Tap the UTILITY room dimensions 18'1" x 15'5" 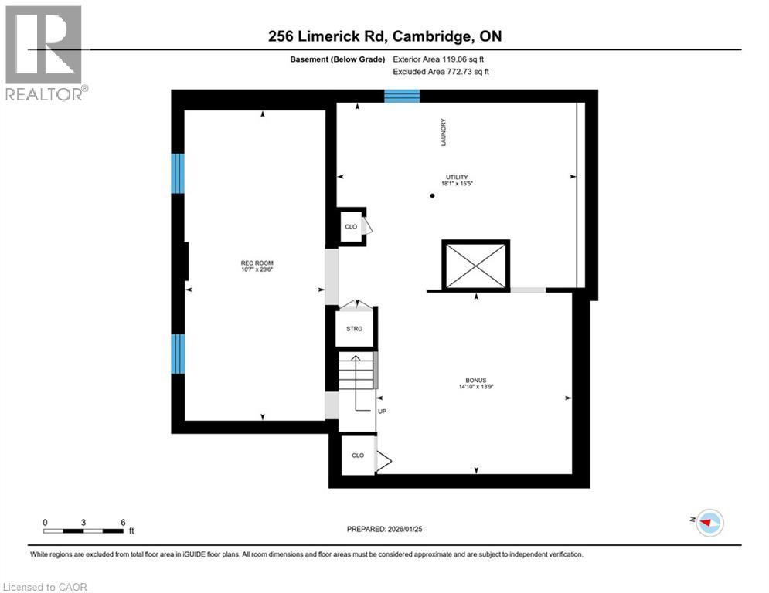(x=456, y=184)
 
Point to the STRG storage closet (x=354, y=328)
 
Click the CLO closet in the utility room (x=351, y=227)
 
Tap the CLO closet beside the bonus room (x=357, y=456)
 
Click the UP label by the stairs (x=382, y=412)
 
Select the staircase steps (x=356, y=371)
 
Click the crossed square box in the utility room (x=475, y=265)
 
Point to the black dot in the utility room (x=432, y=196)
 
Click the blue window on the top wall (x=402, y=96)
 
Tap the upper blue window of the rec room (x=178, y=173)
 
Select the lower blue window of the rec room (x=178, y=354)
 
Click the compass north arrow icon (x=709, y=523)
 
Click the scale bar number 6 (x=124, y=522)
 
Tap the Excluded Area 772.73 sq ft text (x=441, y=72)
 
